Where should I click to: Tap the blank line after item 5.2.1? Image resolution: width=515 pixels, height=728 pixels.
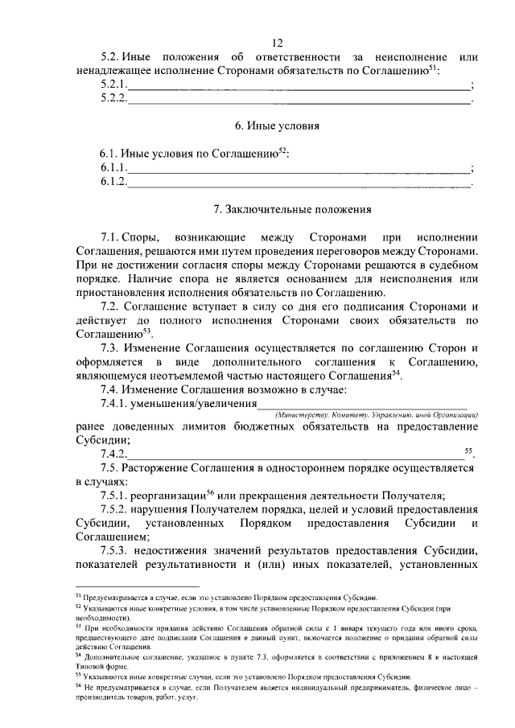click(299, 85)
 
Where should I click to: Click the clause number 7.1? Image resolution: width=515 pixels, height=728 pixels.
click(111, 238)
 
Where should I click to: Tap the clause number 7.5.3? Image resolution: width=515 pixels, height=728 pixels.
click(117, 551)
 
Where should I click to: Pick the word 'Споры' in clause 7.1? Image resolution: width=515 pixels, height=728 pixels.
click(144, 238)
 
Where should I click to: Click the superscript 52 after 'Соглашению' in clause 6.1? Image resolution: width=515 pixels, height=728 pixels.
click(282, 149)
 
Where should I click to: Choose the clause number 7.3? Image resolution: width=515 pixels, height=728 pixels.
click(111, 348)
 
